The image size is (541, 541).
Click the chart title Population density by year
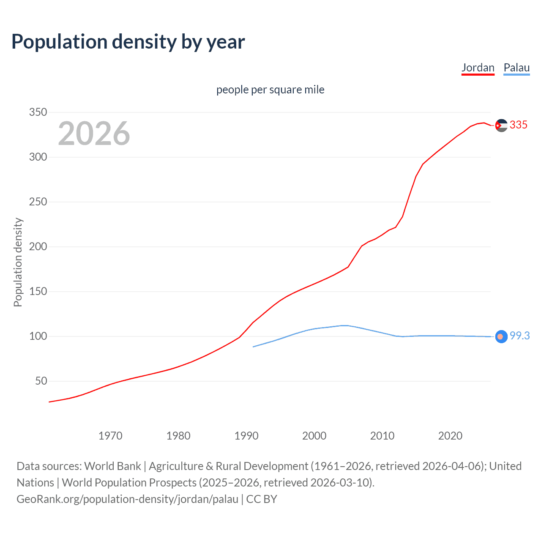pyautogui.click(x=128, y=42)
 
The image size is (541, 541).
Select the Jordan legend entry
pyautogui.click(x=478, y=68)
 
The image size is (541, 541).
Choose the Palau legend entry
pyautogui.click(x=516, y=68)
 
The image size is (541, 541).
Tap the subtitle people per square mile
pyautogui.click(x=270, y=90)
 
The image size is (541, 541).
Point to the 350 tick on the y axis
pyautogui.click(x=38, y=112)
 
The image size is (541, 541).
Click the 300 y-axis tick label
pyautogui.click(x=38, y=157)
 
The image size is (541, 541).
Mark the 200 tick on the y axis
pyautogui.click(x=38, y=247)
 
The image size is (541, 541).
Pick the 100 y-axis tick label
pyautogui.click(x=38, y=336)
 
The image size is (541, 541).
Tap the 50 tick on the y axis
pyautogui.click(x=41, y=381)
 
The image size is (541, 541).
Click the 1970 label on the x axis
pyautogui.click(x=110, y=436)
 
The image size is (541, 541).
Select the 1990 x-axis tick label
pyautogui.click(x=246, y=436)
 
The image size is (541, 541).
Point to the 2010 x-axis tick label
pyautogui.click(x=382, y=436)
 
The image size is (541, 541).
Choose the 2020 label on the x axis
pyautogui.click(x=450, y=436)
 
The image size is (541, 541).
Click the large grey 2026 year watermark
pyautogui.click(x=94, y=134)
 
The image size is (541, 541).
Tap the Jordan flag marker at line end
pyautogui.click(x=501, y=126)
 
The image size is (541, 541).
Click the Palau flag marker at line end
pyautogui.click(x=501, y=336)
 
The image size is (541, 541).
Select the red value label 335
pyautogui.click(x=519, y=125)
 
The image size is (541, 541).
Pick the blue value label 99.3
pyautogui.click(x=519, y=336)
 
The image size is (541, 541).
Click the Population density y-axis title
pyautogui.click(x=18, y=262)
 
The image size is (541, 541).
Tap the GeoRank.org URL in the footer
pyautogui.click(x=127, y=499)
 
